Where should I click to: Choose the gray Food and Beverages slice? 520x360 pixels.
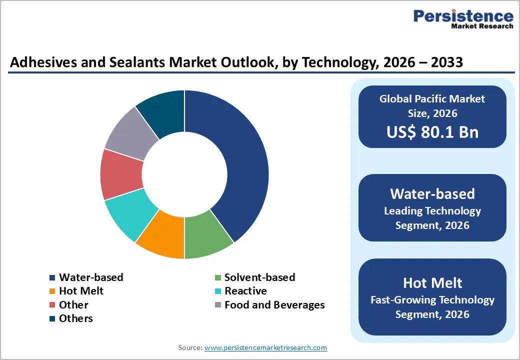pyautogui.click(x=130, y=134)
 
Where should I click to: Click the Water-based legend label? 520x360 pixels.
pyautogui.click(x=91, y=277)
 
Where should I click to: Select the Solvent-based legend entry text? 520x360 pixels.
pyautogui.click(x=259, y=277)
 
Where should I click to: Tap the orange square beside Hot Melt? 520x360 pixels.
pyautogui.click(x=52, y=291)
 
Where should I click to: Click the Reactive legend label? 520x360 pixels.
pyautogui.click(x=245, y=291)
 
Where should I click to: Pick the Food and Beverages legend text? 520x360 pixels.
pyautogui.click(x=274, y=305)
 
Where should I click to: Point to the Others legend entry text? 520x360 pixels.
pyautogui.click(x=75, y=318)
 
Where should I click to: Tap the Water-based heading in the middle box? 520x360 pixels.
pyautogui.click(x=432, y=193)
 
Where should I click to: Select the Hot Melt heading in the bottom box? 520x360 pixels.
pyautogui.click(x=432, y=282)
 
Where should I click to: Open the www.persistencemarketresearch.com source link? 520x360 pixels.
pyautogui.click(x=265, y=347)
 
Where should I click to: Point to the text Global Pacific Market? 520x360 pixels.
pyautogui.click(x=432, y=98)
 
